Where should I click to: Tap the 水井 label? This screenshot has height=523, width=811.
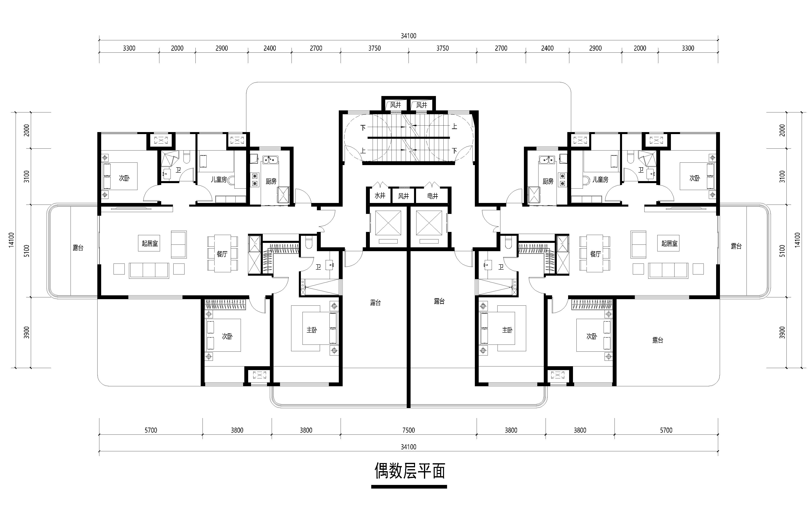pyautogui.click(x=380, y=196)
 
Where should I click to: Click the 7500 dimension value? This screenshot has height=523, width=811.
pyautogui.click(x=409, y=430)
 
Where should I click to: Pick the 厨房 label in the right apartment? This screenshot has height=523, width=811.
pyautogui.click(x=548, y=181)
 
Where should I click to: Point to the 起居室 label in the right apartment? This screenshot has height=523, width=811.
pyautogui.click(x=669, y=243)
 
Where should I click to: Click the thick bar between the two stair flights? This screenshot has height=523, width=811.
pyautogui.click(x=409, y=138)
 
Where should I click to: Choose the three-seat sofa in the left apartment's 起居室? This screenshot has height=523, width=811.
pyautogui.click(x=149, y=270)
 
